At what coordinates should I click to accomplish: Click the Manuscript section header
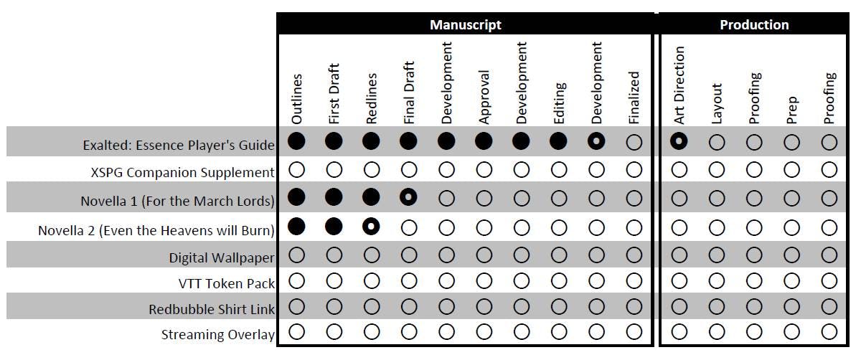click(465, 24)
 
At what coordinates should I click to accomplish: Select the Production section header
click(754, 24)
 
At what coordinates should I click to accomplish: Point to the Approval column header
click(484, 97)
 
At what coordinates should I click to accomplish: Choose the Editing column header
click(559, 104)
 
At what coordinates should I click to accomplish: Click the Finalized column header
click(634, 98)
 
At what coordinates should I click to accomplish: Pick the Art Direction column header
click(679, 85)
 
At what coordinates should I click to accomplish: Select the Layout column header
click(717, 104)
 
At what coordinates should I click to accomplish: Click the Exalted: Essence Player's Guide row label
click(179, 146)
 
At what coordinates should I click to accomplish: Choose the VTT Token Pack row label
click(226, 283)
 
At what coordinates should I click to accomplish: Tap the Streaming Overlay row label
click(217, 334)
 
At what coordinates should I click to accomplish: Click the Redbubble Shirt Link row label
click(212, 310)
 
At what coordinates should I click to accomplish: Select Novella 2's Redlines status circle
click(371, 227)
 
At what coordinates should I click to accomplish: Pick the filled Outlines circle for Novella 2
click(296, 227)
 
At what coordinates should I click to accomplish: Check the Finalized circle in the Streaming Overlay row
click(634, 332)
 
